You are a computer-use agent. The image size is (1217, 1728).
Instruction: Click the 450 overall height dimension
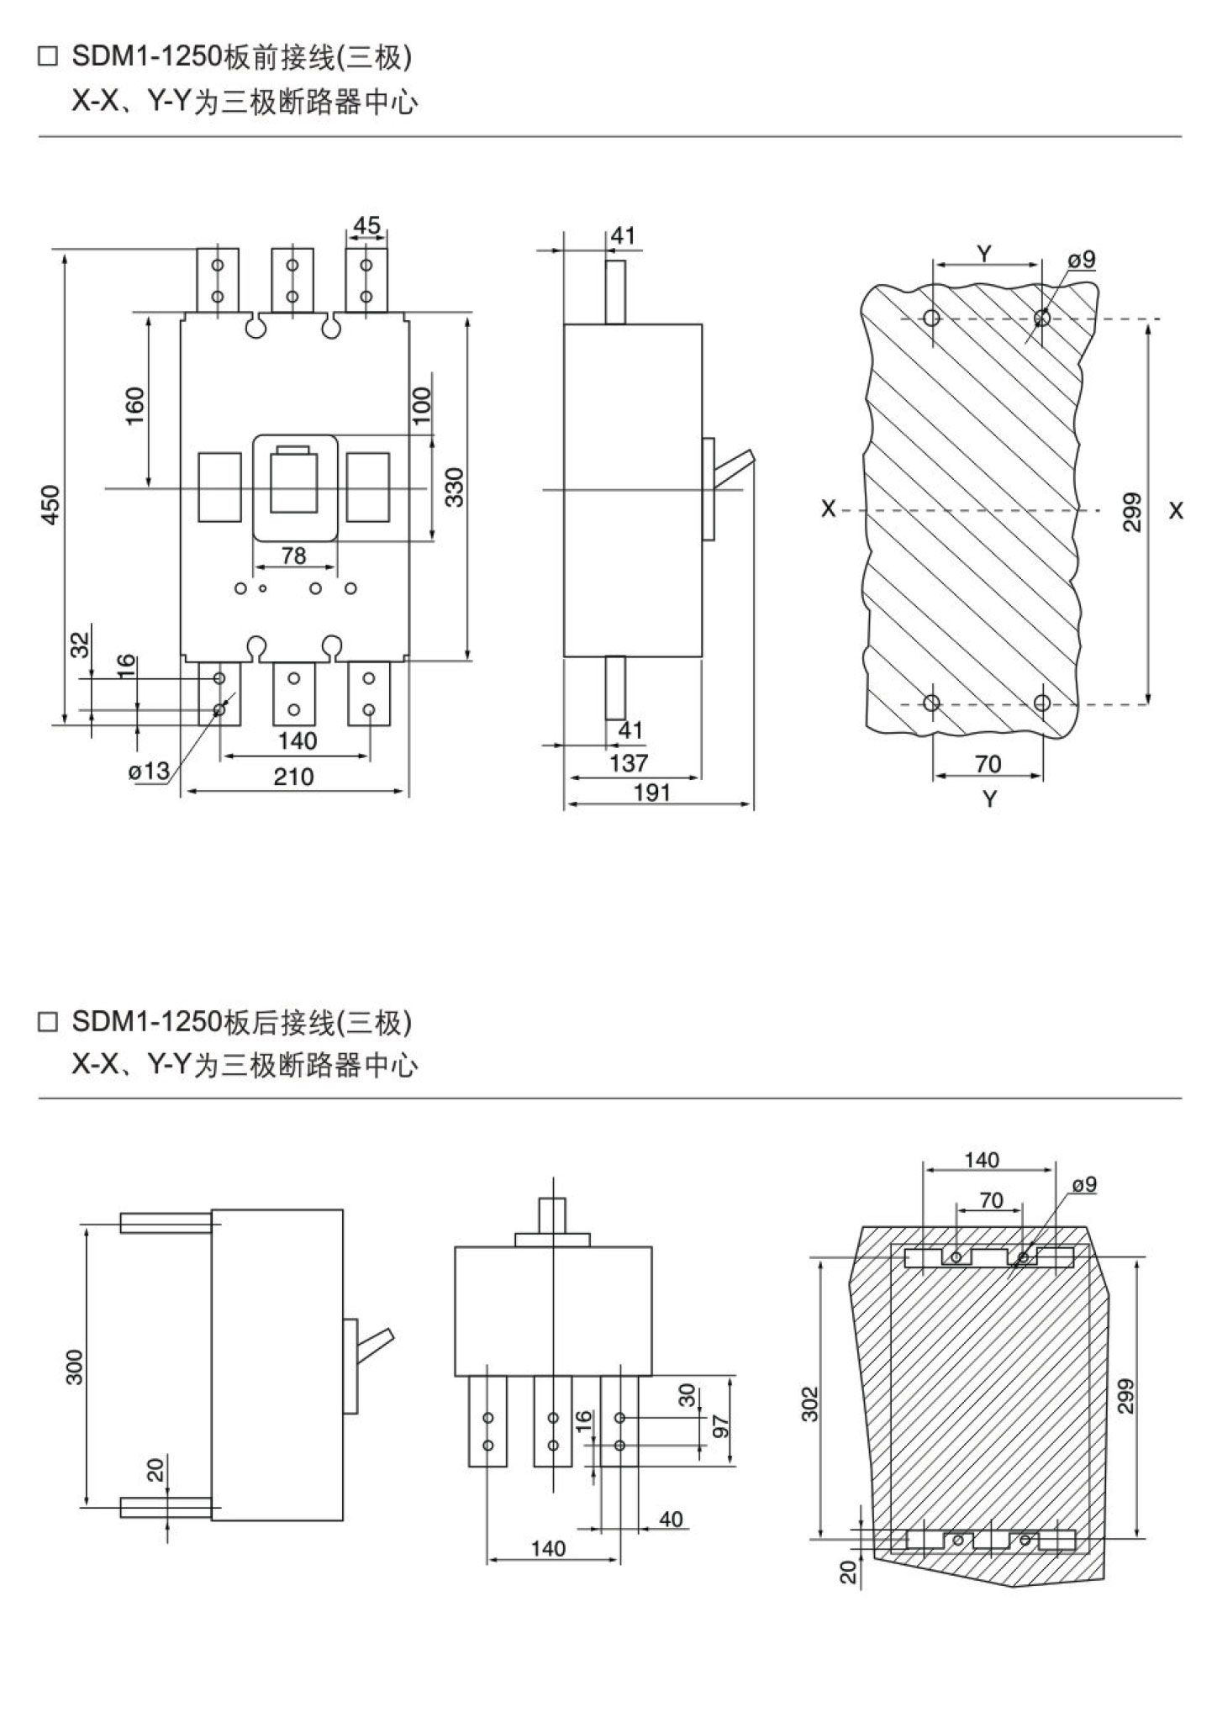pos(52,504)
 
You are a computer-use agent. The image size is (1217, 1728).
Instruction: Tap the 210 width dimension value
pos(293,777)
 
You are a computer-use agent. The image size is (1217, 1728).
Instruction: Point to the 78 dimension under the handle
pos(293,556)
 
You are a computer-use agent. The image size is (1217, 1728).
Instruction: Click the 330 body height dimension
pos(455,487)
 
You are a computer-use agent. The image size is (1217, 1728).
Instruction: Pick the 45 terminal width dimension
pos(366,225)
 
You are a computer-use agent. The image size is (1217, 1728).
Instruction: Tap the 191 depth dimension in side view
pos(651,792)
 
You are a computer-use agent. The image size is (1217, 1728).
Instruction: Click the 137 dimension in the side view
pos(630,763)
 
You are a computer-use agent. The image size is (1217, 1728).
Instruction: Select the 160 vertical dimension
pos(135,406)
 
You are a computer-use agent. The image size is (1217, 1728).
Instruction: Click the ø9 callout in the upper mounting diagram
pos(1083,260)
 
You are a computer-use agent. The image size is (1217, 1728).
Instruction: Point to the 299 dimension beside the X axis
pos(1132,512)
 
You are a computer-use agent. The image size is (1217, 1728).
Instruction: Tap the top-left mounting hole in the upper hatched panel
pos(931,319)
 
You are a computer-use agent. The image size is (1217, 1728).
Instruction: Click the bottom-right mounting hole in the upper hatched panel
pos(1042,702)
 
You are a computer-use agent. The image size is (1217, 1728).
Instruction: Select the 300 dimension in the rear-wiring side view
pos(76,1367)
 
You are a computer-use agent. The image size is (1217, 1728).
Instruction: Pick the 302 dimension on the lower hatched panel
pos(809,1403)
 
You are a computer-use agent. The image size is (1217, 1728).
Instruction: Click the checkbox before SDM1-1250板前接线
pos(49,58)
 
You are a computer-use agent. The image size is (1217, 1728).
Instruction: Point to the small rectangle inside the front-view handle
pos(293,450)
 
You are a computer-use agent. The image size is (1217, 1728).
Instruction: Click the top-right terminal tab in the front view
pos(366,280)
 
